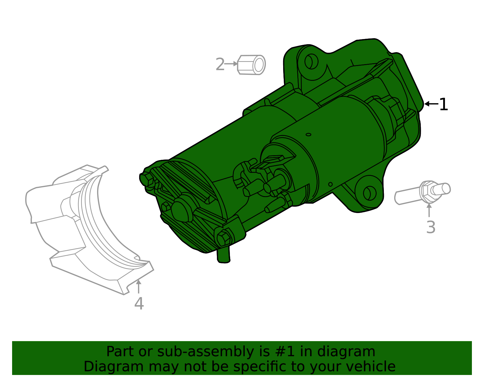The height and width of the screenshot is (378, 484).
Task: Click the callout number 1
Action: [443, 105]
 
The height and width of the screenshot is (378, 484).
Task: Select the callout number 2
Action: [220, 64]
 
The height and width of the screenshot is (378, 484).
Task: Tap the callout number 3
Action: [430, 227]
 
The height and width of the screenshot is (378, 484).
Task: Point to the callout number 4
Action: [139, 304]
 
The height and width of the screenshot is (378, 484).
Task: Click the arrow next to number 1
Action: [431, 104]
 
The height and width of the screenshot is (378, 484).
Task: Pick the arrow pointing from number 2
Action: [231, 64]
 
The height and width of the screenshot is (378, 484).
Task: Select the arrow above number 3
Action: [429, 210]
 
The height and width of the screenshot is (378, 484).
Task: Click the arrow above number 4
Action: [139, 286]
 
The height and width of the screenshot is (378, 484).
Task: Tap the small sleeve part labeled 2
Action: [252, 65]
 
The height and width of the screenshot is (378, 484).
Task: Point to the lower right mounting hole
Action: [369, 193]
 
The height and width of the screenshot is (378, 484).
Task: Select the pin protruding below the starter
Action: [224, 255]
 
